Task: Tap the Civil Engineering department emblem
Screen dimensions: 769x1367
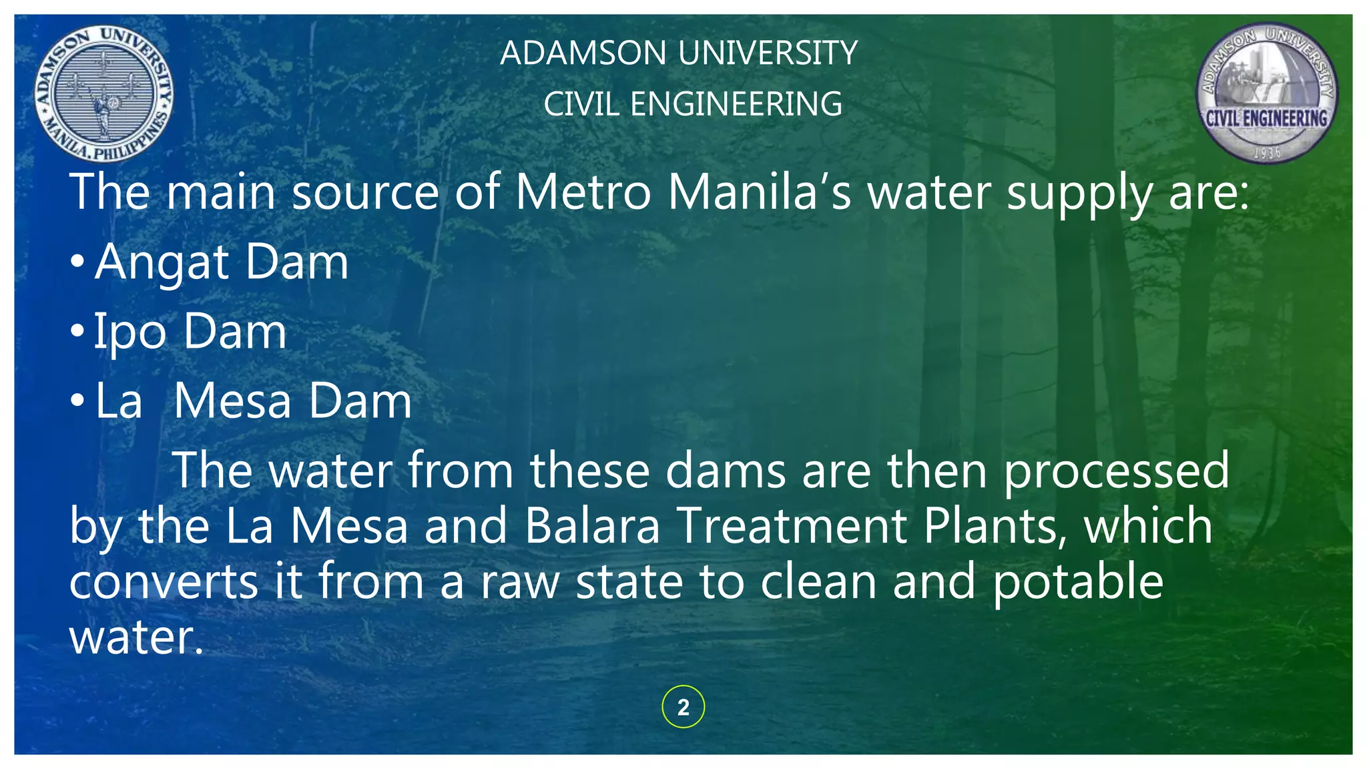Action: pyautogui.click(x=1266, y=93)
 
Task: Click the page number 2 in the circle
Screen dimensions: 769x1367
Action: pyautogui.click(x=683, y=707)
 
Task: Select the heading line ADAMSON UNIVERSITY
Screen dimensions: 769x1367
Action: pyautogui.click(x=679, y=53)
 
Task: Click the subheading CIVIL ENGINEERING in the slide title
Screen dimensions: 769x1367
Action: pyautogui.click(x=693, y=104)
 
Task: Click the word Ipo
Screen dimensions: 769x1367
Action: pyautogui.click(x=129, y=332)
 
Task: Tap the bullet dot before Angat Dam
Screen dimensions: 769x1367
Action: pyautogui.click(x=77, y=262)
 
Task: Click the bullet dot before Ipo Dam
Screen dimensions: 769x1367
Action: pyautogui.click(x=77, y=331)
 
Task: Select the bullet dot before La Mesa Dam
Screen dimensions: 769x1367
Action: pyautogui.click(x=77, y=401)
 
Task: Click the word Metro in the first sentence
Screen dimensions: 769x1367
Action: pyautogui.click(x=583, y=193)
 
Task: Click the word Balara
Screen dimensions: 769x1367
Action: pyautogui.click(x=592, y=526)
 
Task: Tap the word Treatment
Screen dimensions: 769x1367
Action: pyautogui.click(x=792, y=526)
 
